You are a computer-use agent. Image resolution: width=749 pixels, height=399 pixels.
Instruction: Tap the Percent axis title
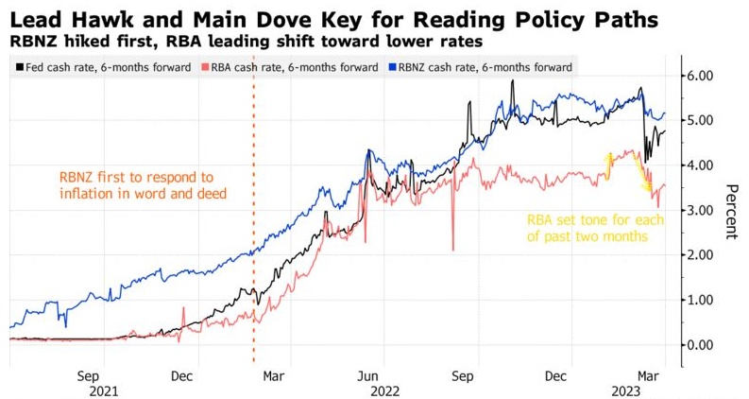(x=732, y=210)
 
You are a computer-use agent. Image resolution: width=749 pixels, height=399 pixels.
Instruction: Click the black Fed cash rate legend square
(x=22, y=67)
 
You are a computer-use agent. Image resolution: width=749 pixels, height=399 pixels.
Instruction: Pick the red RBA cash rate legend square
(x=206, y=67)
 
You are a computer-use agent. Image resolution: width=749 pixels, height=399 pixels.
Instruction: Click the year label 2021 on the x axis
(x=104, y=390)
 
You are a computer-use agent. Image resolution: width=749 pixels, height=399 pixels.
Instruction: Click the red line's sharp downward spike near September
(x=453, y=248)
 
